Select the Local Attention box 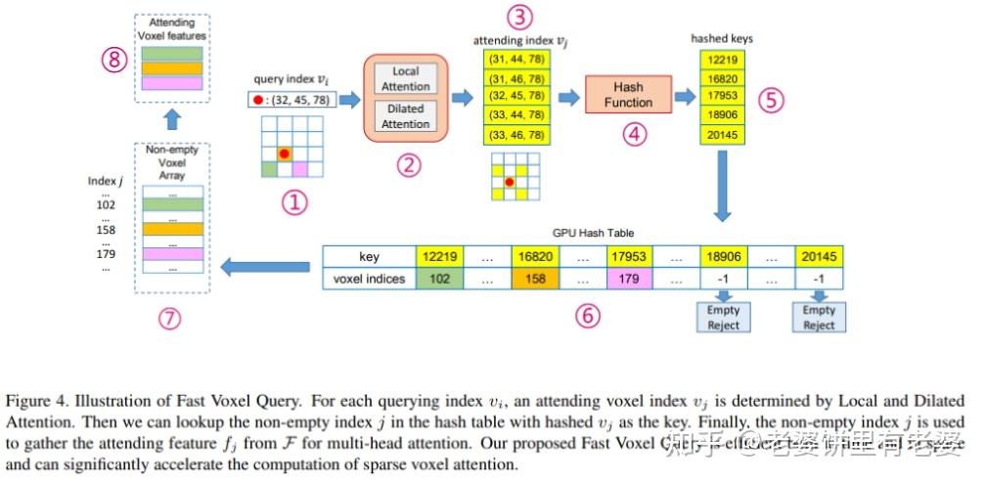tap(405, 79)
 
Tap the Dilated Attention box tap(405, 116)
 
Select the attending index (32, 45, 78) tap(516, 97)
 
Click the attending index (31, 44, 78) tap(516, 60)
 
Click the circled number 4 tap(635, 134)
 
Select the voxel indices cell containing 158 tap(535, 278)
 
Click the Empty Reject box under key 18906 tap(724, 318)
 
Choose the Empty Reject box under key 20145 tap(819, 318)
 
